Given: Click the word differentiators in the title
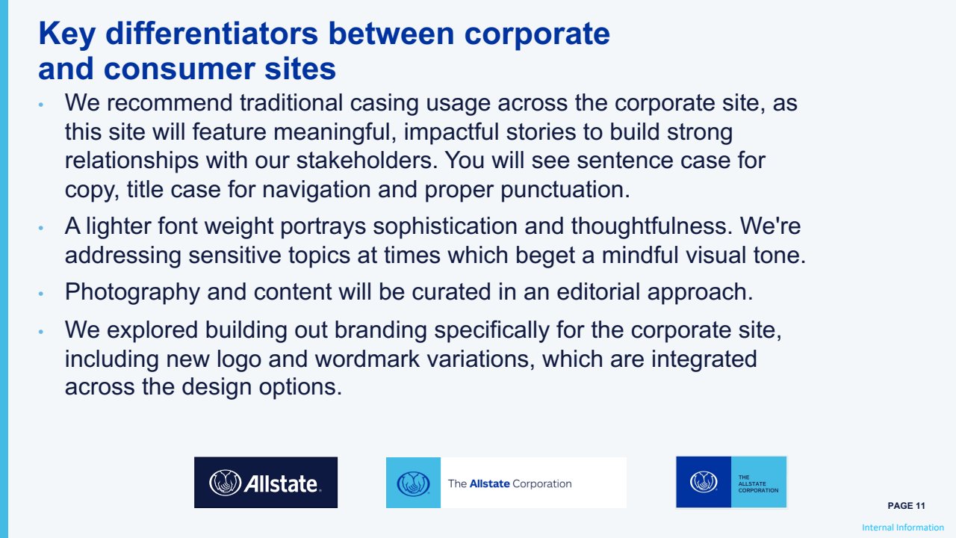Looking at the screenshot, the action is [x=211, y=34].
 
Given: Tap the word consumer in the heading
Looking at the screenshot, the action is [x=179, y=69].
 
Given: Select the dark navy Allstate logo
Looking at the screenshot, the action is [x=265, y=483].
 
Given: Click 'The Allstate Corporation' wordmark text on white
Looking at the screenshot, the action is [x=509, y=483].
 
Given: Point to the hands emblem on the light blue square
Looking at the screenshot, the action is [x=413, y=483].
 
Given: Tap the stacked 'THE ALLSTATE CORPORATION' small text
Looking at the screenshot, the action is [x=758, y=483].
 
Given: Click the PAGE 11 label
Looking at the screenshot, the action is [x=906, y=506].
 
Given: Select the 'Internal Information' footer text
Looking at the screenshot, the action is [x=903, y=528].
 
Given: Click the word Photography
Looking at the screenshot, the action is [x=132, y=293].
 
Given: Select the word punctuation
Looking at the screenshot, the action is [x=565, y=191].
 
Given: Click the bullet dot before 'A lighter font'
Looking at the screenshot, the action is [x=41, y=229].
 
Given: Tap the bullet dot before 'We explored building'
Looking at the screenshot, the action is [x=41, y=332].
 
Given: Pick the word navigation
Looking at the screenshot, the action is [x=316, y=191].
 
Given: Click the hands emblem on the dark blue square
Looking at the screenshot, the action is [x=704, y=482].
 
